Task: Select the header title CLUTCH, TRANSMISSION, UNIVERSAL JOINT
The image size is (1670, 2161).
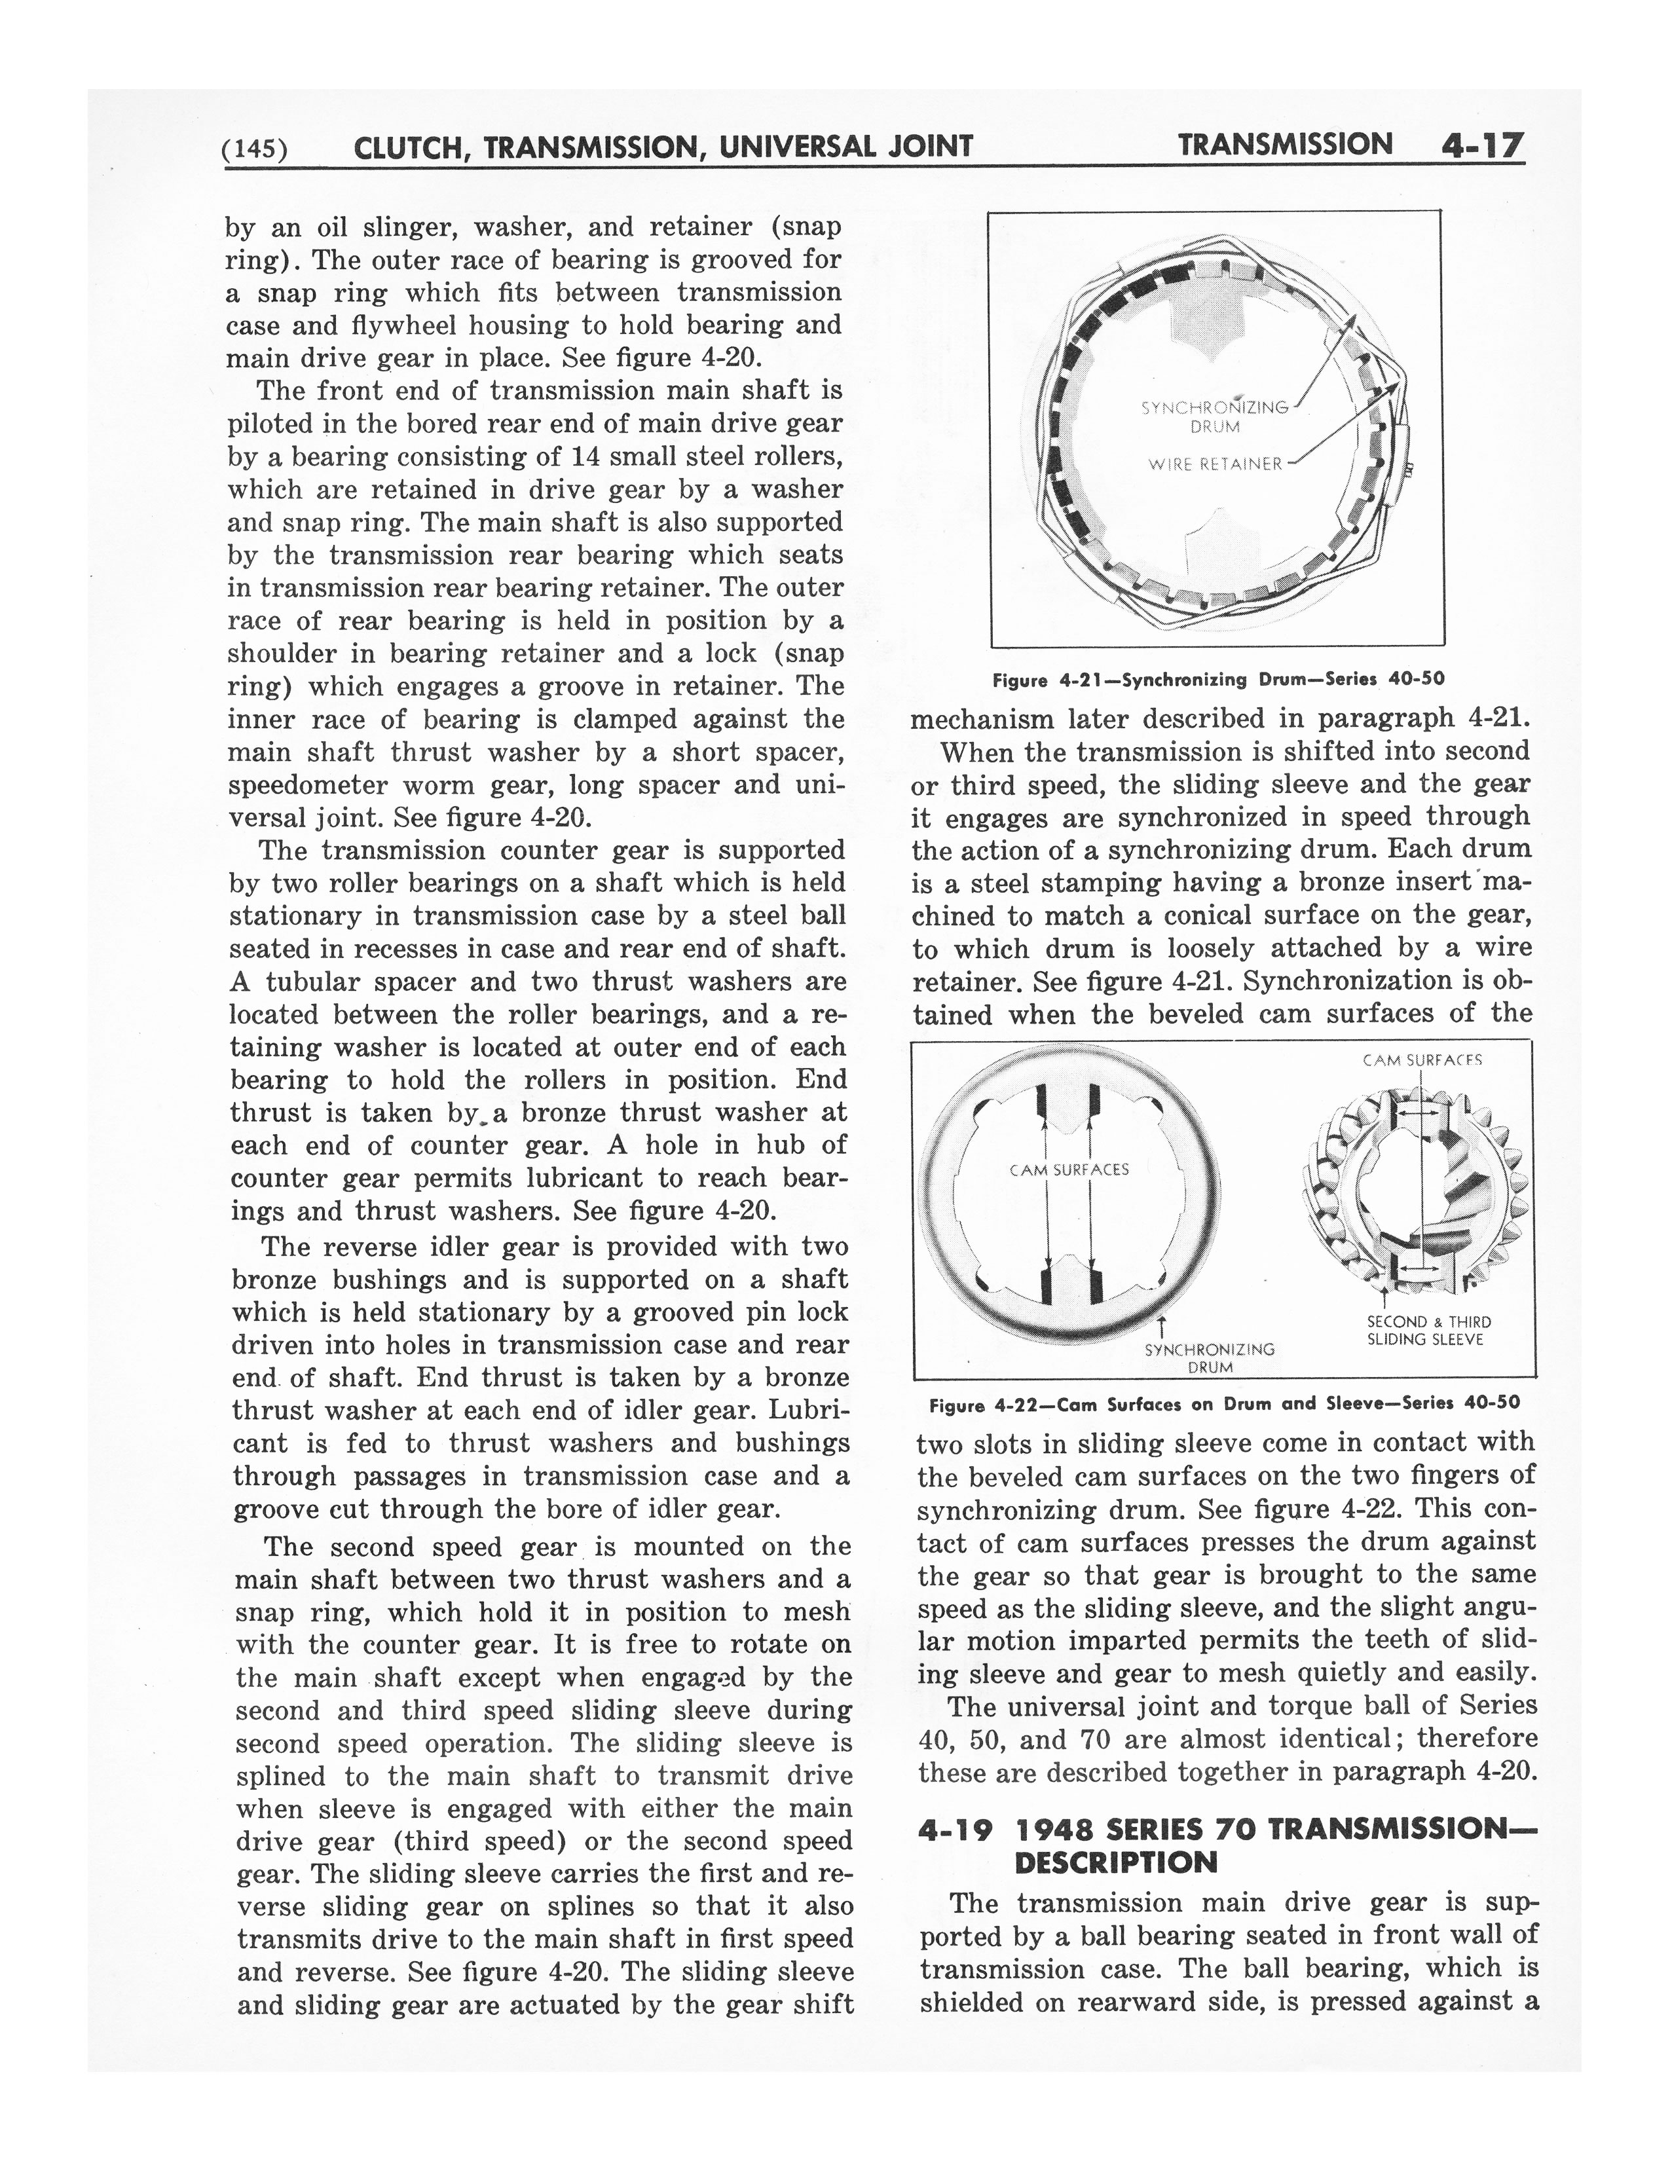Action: click(663, 147)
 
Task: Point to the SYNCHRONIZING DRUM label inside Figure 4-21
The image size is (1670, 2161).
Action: click(1215, 416)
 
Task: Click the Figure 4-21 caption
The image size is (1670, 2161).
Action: click(1218, 679)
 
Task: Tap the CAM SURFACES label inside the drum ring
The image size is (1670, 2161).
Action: click(1069, 1170)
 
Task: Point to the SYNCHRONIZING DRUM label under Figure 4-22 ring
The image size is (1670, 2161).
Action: click(1209, 1358)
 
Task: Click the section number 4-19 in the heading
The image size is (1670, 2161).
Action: click(955, 1830)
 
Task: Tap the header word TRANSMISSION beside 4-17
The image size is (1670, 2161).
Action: click(1284, 145)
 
